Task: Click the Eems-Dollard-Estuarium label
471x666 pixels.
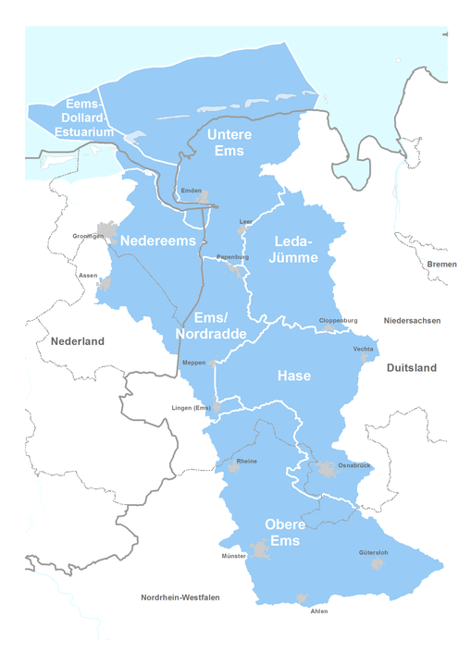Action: click(83, 118)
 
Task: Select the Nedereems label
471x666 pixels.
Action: click(158, 240)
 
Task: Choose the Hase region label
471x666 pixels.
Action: click(294, 376)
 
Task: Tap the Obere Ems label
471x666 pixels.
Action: click(285, 532)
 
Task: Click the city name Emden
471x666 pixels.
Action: click(191, 191)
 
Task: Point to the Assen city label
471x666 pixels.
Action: click(88, 276)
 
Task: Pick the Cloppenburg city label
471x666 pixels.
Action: click(338, 320)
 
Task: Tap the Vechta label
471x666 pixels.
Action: click(363, 349)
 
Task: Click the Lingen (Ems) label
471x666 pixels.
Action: click(192, 407)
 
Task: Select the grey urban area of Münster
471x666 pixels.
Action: click(261, 552)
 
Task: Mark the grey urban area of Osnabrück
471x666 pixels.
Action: click(328, 471)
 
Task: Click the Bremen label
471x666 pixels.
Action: click(441, 265)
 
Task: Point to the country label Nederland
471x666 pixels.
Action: click(78, 341)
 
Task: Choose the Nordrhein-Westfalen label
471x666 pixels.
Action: click(180, 598)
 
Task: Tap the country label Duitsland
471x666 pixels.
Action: click(410, 367)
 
